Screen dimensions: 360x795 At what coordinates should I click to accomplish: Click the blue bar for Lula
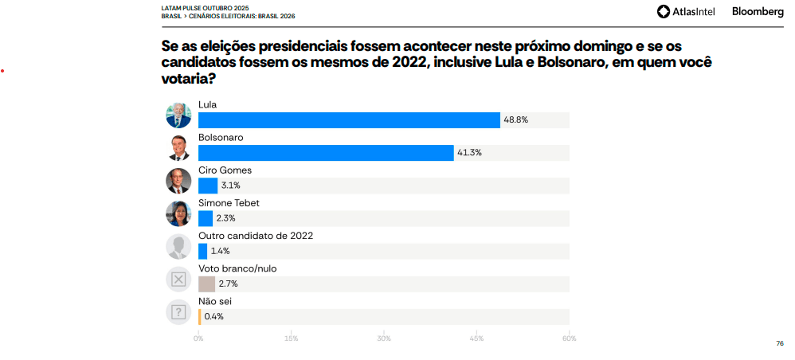[x=349, y=120]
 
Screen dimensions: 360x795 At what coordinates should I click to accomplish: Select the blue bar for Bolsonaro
[x=325, y=153]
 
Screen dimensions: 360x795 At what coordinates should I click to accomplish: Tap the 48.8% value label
[x=515, y=120]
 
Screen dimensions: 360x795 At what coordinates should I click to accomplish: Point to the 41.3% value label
[x=469, y=153]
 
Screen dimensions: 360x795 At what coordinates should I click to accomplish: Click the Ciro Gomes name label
[x=225, y=170]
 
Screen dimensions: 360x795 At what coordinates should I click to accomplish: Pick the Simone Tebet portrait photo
[x=178, y=213]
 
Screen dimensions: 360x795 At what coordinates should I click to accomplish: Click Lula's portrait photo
[x=178, y=115]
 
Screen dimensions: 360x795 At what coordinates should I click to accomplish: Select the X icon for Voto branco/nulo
[x=178, y=279]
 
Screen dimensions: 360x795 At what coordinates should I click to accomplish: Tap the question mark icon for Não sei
[x=178, y=311]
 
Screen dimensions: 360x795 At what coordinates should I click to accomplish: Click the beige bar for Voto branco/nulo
[x=206, y=284]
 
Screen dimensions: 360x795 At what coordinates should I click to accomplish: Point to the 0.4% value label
[x=213, y=316]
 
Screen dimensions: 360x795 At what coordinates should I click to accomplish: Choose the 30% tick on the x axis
[x=384, y=339]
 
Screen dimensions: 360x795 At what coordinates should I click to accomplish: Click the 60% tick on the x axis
[x=569, y=339]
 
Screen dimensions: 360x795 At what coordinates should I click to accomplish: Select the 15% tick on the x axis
[x=291, y=339]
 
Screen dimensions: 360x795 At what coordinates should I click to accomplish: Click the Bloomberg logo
[x=758, y=11]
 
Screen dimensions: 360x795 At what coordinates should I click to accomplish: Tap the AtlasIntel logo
[x=687, y=11]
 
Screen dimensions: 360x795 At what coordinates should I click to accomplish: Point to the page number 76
[x=779, y=343]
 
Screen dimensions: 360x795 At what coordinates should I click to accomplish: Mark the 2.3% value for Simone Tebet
[x=225, y=218]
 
